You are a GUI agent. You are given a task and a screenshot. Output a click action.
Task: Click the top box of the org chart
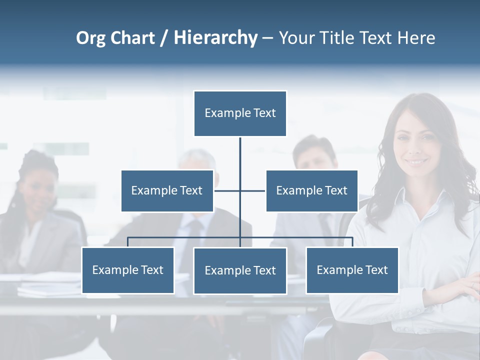point(240,113)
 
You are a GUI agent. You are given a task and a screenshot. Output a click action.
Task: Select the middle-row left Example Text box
point(167,190)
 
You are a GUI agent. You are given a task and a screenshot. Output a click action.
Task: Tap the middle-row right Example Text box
point(311,190)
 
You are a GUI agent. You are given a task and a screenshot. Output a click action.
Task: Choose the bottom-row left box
point(127,270)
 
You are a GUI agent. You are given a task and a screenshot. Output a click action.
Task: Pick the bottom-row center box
point(240,270)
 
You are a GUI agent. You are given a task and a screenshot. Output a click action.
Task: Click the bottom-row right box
point(352,270)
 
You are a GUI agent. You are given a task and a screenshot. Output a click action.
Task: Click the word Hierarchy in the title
point(215,38)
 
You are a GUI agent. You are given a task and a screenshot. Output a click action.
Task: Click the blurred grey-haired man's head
point(197,165)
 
